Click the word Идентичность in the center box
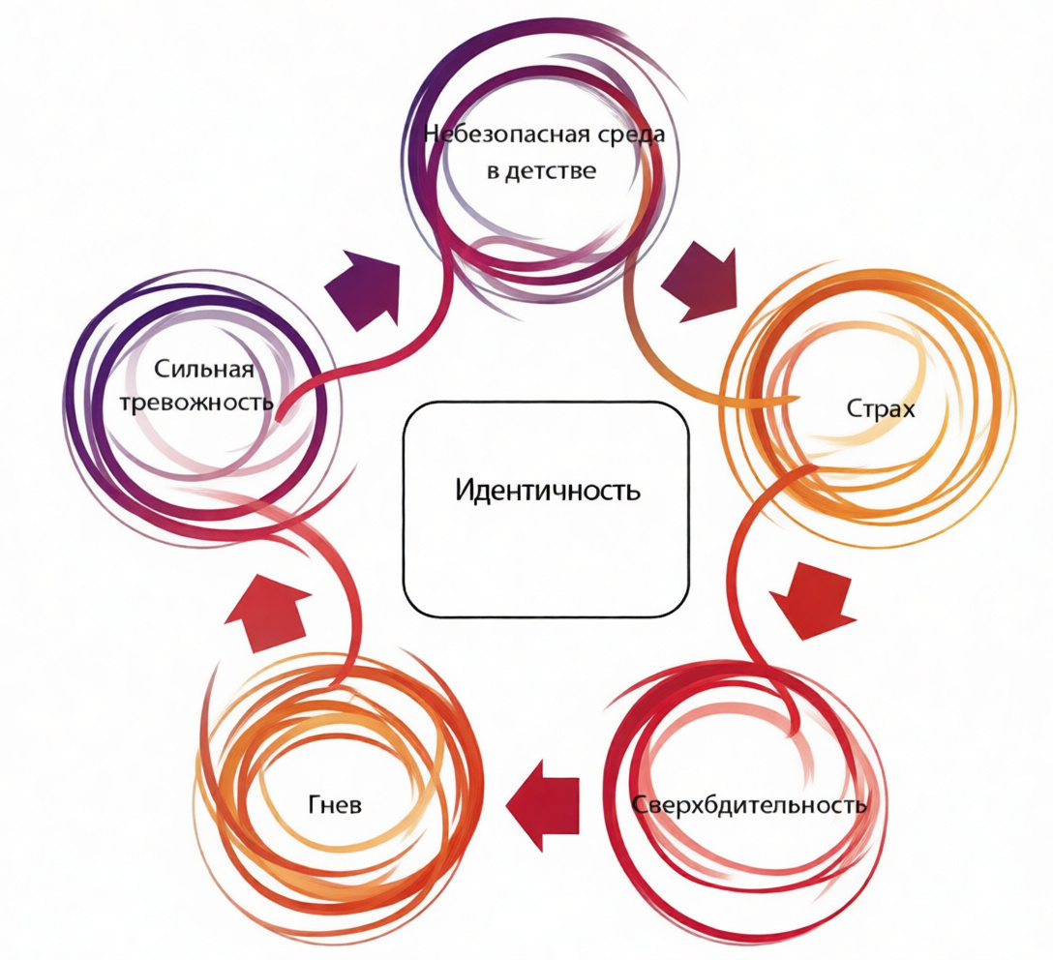point(548,490)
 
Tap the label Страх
point(881,408)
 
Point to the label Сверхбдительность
point(750,804)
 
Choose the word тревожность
point(197,402)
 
